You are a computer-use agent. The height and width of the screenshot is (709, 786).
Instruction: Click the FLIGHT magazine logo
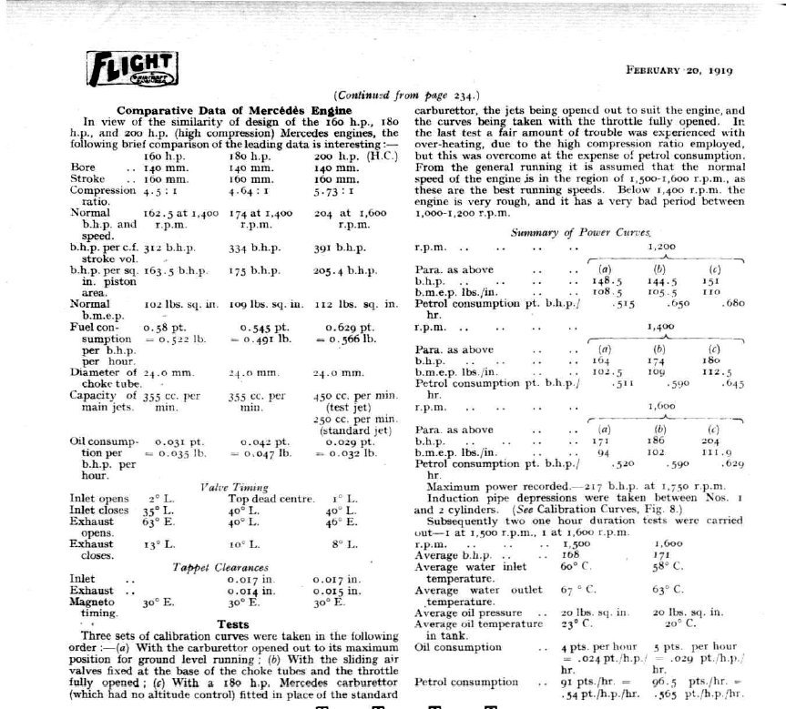(131, 68)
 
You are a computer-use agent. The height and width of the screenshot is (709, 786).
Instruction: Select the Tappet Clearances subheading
(223, 566)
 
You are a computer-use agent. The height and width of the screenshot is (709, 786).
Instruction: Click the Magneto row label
(92, 602)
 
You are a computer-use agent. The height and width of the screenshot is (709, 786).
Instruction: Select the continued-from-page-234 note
(407, 95)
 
